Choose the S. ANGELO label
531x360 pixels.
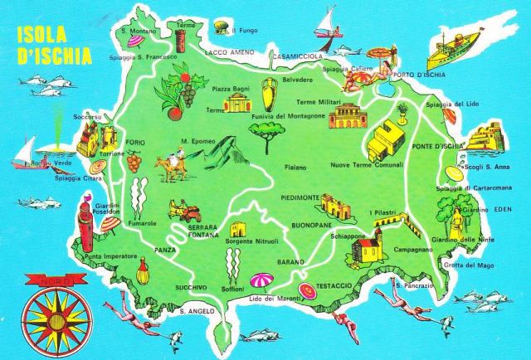pyautogui.click(x=197, y=311)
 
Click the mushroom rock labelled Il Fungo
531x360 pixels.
pyautogui.click(x=222, y=27)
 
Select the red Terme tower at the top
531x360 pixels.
pyautogui.click(x=182, y=37)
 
